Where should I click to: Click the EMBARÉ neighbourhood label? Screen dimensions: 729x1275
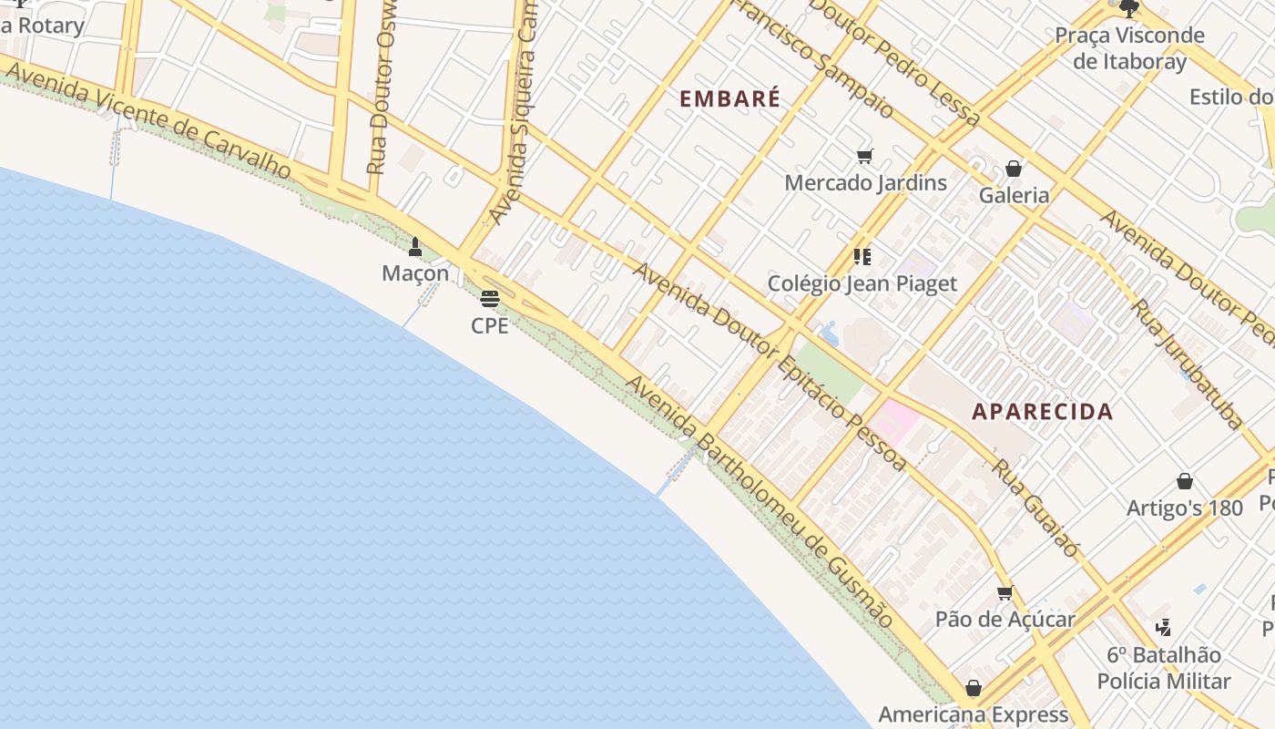coord(730,98)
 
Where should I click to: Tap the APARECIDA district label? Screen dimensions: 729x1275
coord(1042,411)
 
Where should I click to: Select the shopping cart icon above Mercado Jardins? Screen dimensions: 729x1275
coord(864,157)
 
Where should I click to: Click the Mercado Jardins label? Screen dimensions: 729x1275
coord(865,182)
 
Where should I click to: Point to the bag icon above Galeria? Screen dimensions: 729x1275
coord(1013,169)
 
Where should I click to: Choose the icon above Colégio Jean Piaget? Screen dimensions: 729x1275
coord(862,257)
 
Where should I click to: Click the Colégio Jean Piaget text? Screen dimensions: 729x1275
coord(862,283)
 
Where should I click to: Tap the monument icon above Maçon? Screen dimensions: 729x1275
coord(415,246)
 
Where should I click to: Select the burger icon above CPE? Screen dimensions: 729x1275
coord(490,298)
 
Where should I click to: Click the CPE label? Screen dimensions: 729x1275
coord(490,325)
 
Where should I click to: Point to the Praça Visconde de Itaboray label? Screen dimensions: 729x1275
coord(1129,48)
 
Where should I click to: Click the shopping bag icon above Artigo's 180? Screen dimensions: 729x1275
coord(1185,481)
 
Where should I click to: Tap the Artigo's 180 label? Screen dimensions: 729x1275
coord(1184,508)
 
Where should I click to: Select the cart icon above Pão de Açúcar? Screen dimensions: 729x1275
coord(1005,593)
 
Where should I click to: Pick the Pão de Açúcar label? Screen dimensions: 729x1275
coord(1005,620)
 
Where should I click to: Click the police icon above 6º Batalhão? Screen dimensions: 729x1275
coord(1163,627)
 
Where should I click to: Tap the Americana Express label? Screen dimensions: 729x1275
coord(973,714)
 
